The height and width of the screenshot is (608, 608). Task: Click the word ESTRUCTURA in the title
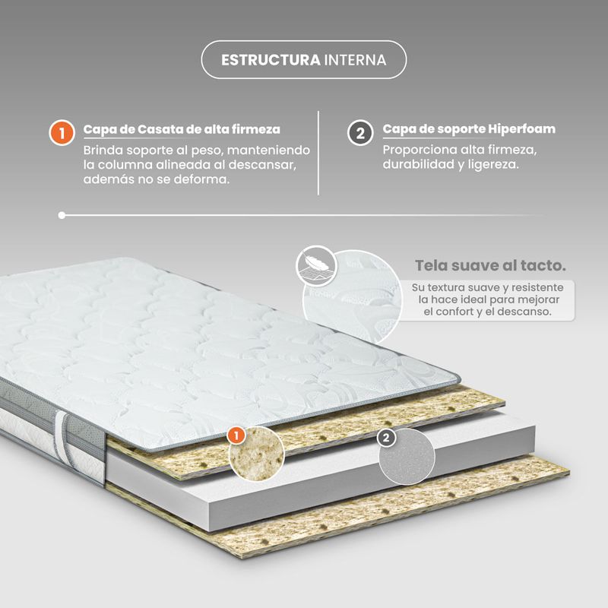click(271, 60)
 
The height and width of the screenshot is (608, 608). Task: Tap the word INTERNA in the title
click(355, 60)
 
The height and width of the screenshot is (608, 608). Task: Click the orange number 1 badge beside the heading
click(62, 133)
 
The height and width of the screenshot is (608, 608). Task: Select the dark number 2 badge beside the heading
click(360, 132)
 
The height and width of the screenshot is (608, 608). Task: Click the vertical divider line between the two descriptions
click(318, 153)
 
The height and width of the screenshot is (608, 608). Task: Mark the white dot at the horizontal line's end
click(62, 215)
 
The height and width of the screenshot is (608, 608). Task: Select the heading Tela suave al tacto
click(490, 265)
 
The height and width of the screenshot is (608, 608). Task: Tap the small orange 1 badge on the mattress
click(236, 435)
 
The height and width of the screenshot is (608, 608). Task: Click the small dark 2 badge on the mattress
click(386, 439)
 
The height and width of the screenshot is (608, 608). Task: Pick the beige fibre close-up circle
click(257, 454)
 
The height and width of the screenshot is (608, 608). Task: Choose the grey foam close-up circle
click(407, 457)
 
